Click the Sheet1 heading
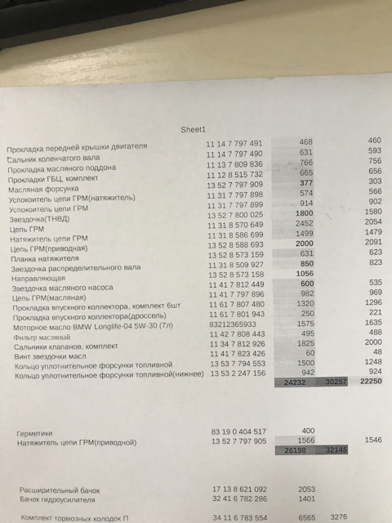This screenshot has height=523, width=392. click(197, 129)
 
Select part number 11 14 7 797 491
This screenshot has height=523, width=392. click(234, 143)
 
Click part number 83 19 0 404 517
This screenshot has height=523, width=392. click(238, 430)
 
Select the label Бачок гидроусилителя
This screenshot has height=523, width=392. click(56, 498)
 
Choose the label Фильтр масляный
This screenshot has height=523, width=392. click(42, 337)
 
